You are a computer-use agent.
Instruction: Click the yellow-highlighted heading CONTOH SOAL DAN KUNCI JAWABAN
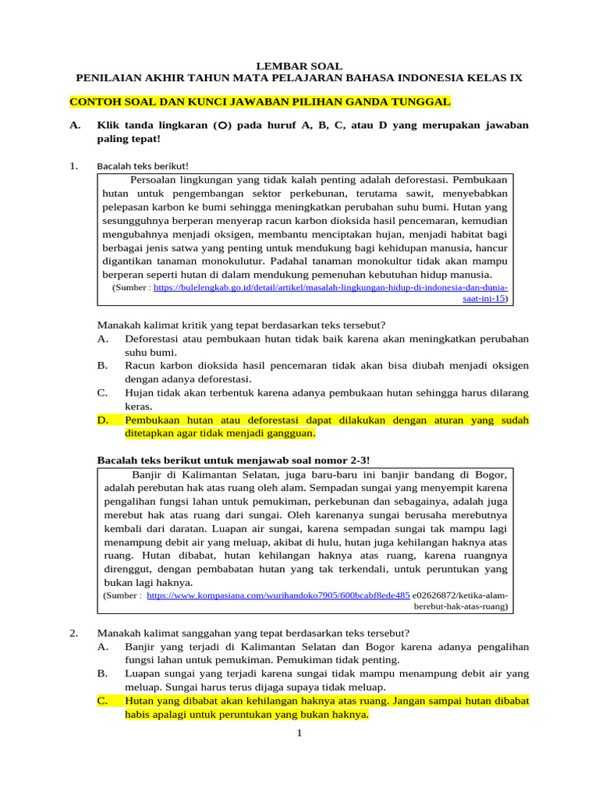click(260, 102)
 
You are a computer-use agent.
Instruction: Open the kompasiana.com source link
click(278, 595)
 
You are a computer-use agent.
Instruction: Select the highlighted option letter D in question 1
click(102, 421)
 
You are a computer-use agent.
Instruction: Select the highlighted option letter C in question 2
click(102, 701)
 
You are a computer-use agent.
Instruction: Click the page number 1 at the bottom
click(299, 733)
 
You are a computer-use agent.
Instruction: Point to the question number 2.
click(73, 633)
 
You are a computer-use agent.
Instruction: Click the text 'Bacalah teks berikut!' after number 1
click(143, 165)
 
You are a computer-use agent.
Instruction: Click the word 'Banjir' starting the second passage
click(150, 475)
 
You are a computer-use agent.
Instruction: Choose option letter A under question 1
click(102, 339)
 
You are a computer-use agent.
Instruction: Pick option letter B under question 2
click(102, 673)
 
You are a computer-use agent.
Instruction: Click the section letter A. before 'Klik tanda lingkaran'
click(75, 126)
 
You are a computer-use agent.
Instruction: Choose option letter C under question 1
click(102, 393)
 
